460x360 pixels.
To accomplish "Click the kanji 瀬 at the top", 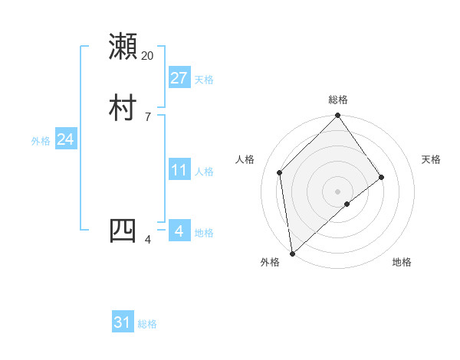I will [x=123, y=47].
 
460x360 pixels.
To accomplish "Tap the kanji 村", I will [x=123, y=108].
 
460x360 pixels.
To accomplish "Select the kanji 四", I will [x=123, y=231].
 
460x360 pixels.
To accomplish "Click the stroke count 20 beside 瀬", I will [x=147, y=56].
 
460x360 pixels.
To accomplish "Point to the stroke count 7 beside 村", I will [x=147, y=117].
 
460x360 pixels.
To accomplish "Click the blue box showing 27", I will [x=179, y=77].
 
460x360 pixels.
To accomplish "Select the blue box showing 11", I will [x=179, y=170].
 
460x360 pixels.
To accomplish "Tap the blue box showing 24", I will [x=65, y=139].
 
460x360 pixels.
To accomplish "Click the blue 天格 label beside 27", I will [x=204, y=80].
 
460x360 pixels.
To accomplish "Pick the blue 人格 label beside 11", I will [x=204, y=172].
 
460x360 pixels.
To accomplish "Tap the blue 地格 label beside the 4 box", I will [x=204, y=233].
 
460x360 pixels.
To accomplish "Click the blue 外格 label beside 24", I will [x=41, y=141].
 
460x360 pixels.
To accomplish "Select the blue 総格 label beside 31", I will [x=147, y=324].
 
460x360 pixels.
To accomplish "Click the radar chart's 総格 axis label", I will [x=338, y=100].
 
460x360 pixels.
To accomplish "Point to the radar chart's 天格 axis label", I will [x=431, y=159].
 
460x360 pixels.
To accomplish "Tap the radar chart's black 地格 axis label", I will [x=402, y=263].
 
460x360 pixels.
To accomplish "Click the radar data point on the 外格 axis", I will [x=291, y=253].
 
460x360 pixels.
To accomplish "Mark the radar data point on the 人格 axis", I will [x=280, y=172].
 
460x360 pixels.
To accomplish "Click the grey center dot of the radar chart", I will [x=338, y=191].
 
